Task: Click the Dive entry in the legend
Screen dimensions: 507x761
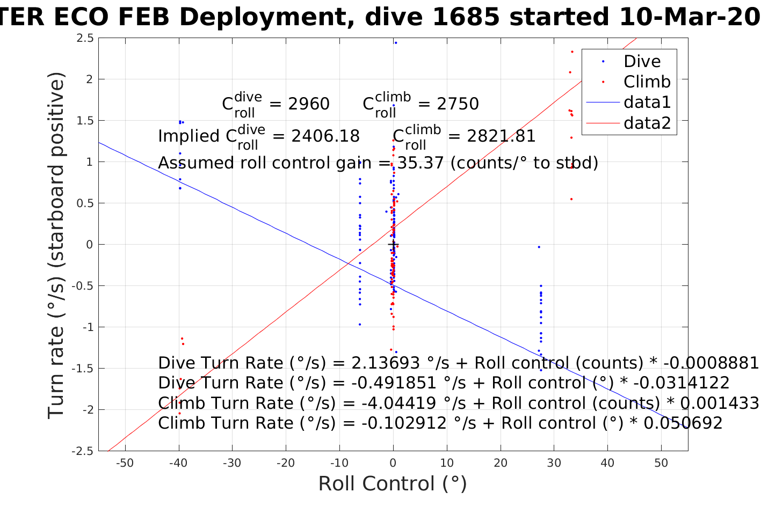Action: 642,62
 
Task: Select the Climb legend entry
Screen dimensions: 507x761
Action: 647,82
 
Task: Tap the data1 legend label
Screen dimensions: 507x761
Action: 647,102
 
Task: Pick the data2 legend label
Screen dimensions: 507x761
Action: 647,123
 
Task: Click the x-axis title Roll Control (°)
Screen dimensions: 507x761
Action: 393,483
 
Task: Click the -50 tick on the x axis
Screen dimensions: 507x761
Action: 125,463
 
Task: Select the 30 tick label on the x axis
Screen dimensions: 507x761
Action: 554,463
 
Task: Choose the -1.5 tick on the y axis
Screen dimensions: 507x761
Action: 84,369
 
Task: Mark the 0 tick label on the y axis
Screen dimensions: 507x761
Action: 90,245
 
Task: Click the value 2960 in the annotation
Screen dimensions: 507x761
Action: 309,104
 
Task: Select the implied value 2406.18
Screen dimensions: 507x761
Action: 325,136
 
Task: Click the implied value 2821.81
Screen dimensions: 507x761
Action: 501,136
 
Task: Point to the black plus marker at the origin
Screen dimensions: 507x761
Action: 393,245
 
